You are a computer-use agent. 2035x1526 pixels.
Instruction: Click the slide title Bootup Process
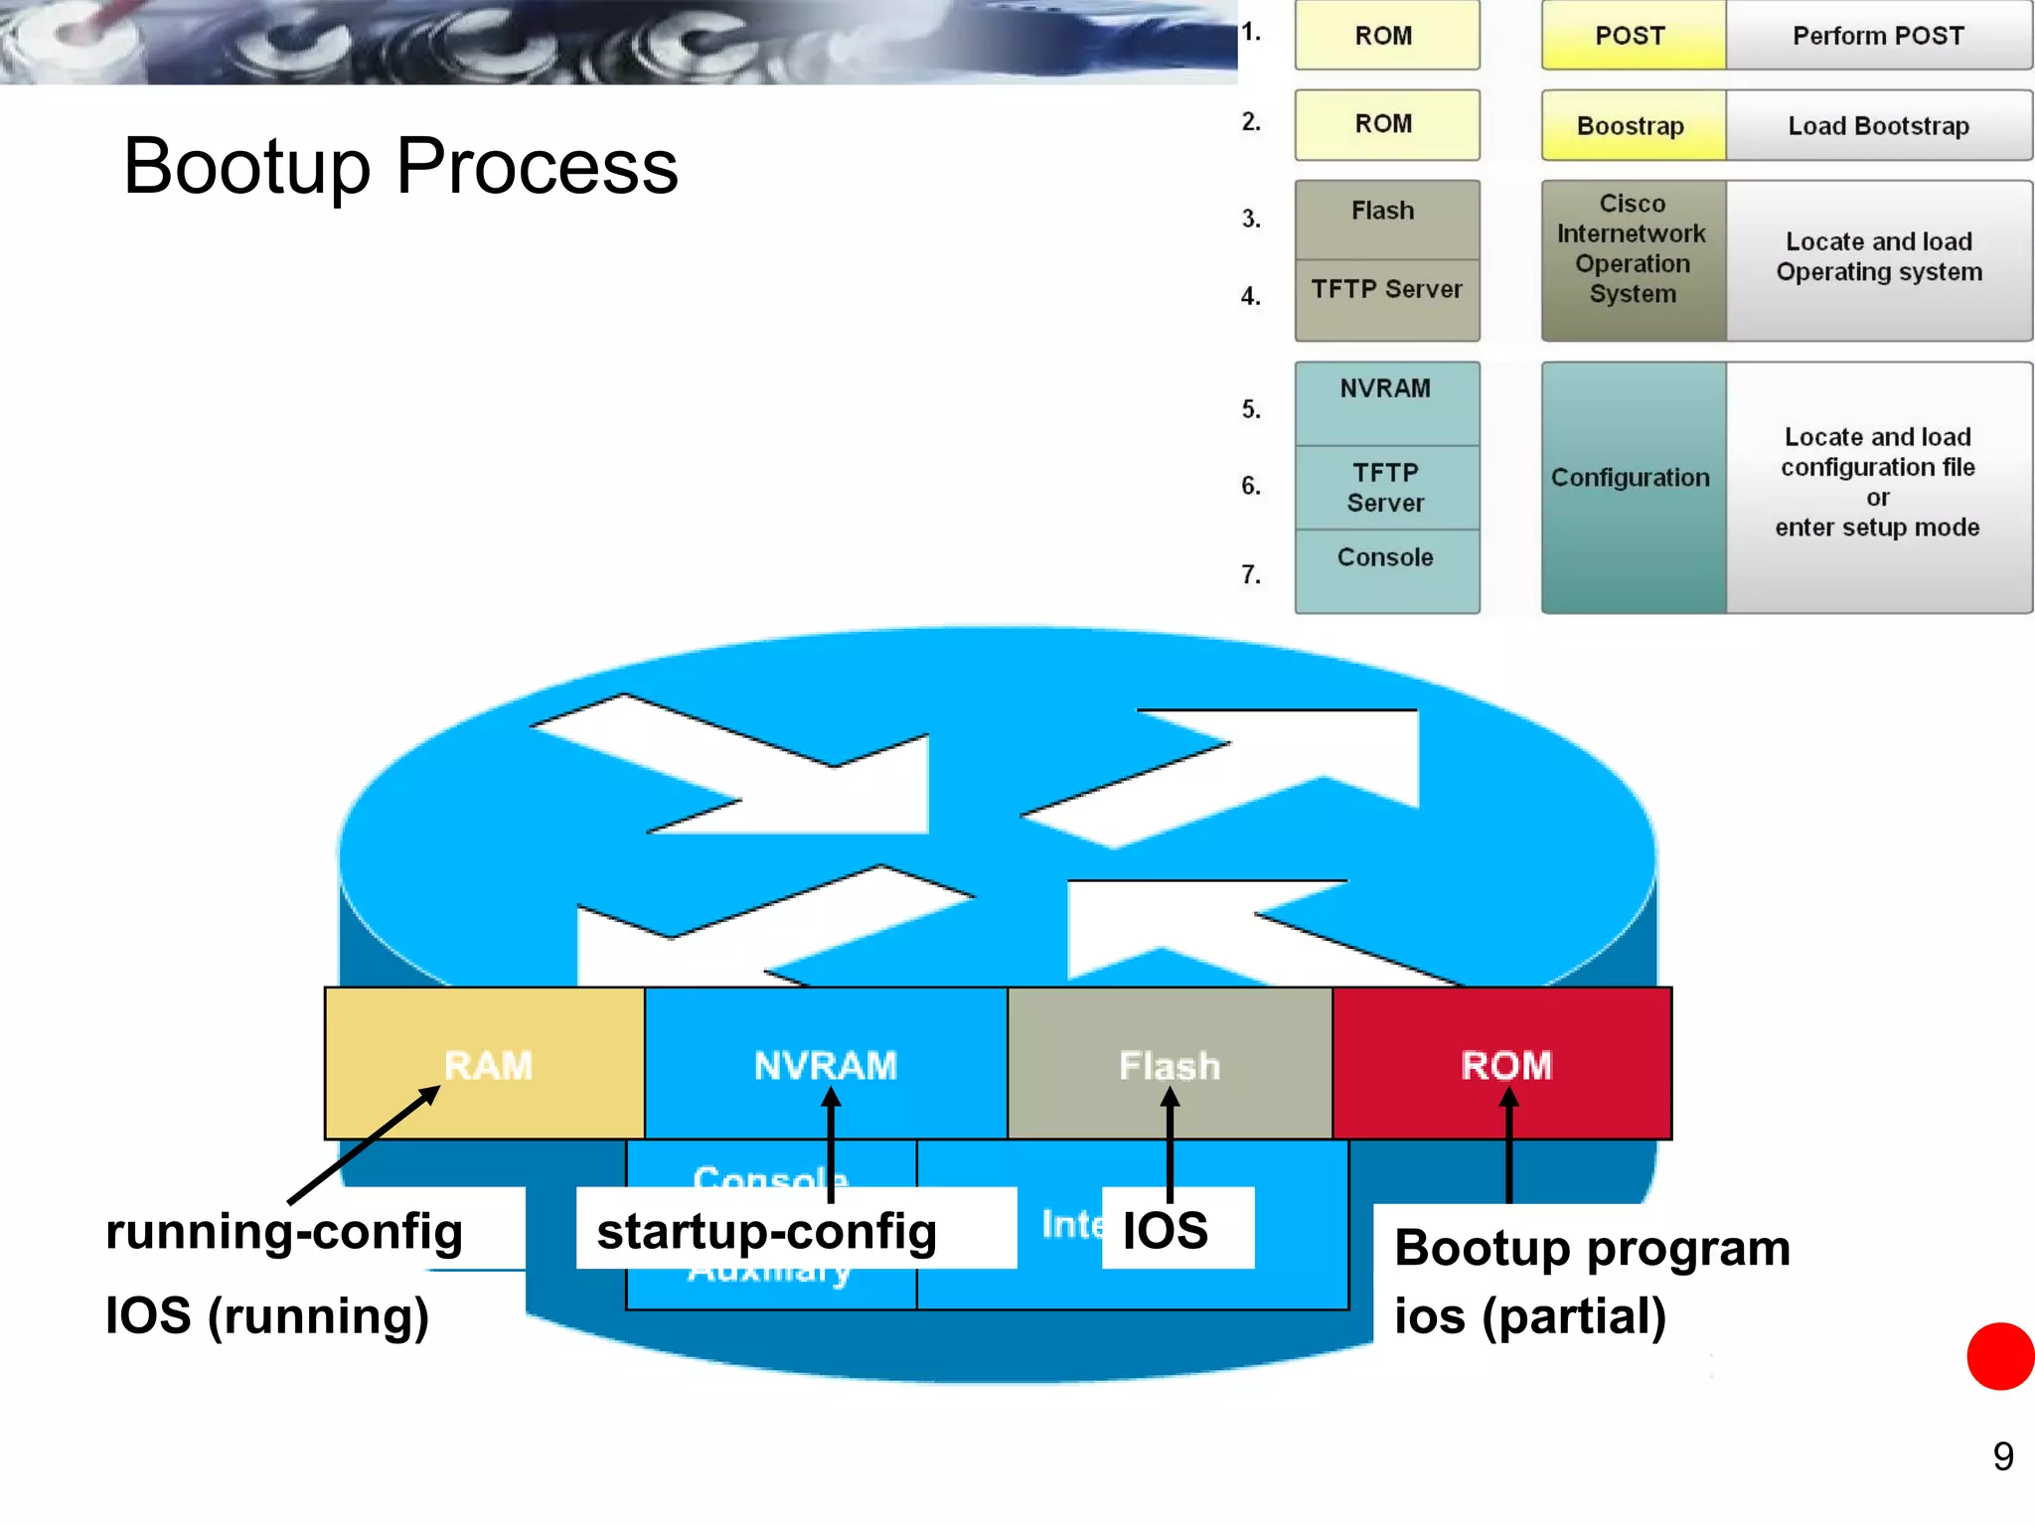400,166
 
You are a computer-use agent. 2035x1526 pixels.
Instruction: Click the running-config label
284,1231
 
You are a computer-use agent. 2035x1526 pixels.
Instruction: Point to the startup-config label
766,1231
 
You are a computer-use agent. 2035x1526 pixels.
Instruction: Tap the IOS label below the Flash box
1166,1230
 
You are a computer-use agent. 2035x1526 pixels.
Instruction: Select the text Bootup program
1592,1248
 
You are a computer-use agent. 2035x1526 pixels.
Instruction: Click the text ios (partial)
1530,1315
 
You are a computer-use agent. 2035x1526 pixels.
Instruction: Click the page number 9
2002,1456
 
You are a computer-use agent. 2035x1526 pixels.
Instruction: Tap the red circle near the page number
2001,1356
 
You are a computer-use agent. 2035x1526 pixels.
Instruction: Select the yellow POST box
1632,36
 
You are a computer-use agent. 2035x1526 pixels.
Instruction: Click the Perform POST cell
1878,36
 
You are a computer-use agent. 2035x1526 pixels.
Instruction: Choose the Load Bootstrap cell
1878,126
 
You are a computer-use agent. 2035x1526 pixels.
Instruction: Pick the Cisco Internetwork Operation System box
1633,249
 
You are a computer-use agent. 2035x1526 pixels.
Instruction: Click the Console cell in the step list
1385,557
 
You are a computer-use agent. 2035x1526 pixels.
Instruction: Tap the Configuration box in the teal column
1631,478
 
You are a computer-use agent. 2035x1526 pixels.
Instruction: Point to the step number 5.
1251,409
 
